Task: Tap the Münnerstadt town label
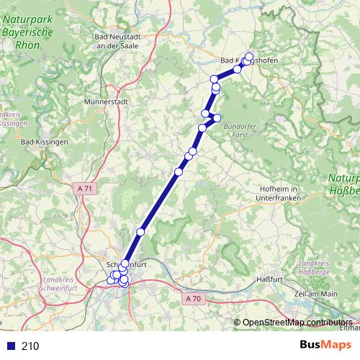[106, 102]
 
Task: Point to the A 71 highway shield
[84, 188]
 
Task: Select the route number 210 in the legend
[30, 346]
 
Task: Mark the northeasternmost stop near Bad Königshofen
[250, 56]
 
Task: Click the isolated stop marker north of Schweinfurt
[140, 232]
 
